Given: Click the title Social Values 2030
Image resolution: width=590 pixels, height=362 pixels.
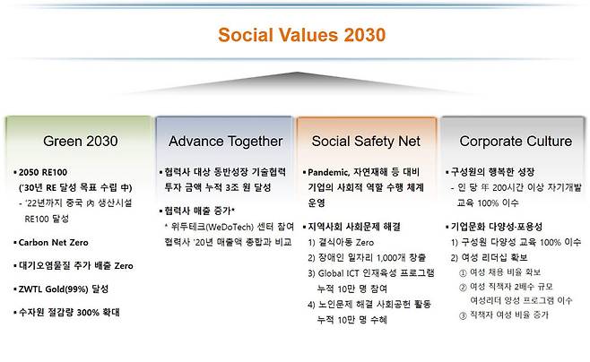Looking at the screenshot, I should point(290,36).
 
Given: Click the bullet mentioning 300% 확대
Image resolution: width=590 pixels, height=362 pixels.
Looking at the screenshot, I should point(73,313).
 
